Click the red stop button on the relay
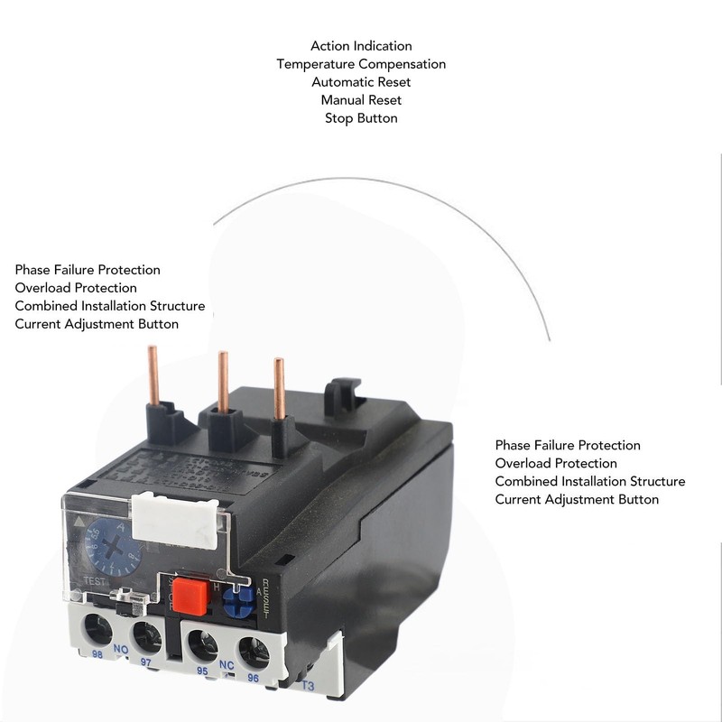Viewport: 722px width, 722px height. point(189,595)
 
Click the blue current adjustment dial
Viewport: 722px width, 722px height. point(106,543)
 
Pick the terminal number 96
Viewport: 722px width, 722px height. point(254,679)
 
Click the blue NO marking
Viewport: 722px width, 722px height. point(120,648)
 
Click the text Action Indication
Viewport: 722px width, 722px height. point(361,46)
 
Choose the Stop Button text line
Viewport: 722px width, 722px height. point(361,118)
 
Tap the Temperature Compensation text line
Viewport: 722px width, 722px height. point(361,64)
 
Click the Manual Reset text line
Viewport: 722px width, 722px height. point(361,100)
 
